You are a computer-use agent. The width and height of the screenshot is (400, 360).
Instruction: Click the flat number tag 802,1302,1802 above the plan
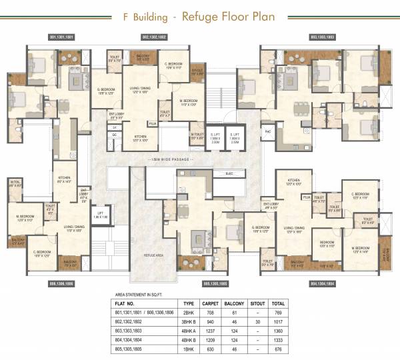pyautogui.click(x=155, y=37)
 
